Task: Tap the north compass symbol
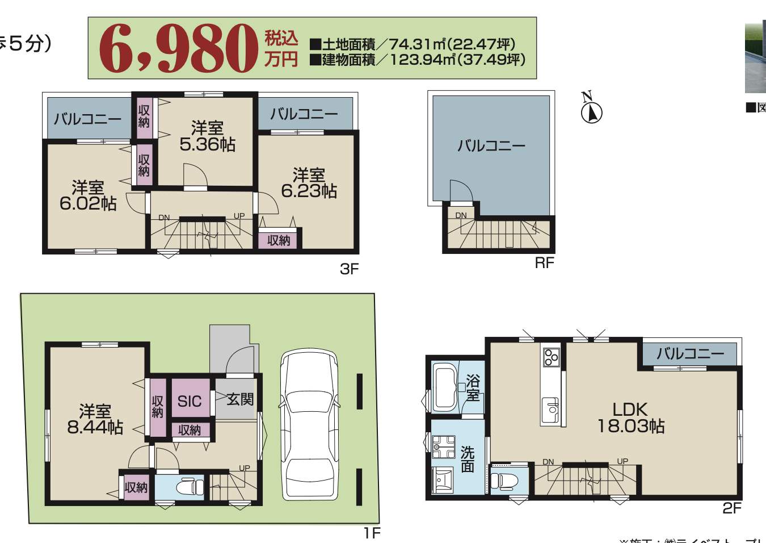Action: pyautogui.click(x=591, y=112)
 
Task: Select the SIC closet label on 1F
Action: pyautogui.click(x=190, y=402)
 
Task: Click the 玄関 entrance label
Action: pyautogui.click(x=239, y=399)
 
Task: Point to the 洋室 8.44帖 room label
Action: pyautogui.click(x=95, y=419)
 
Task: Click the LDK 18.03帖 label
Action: pyautogui.click(x=630, y=417)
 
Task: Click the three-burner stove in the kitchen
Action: pyautogui.click(x=551, y=357)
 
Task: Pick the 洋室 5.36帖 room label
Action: pyautogui.click(x=207, y=136)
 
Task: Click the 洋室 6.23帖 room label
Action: pyautogui.click(x=309, y=183)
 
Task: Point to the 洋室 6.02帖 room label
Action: pyautogui.click(x=88, y=195)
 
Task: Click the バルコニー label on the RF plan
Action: pyautogui.click(x=491, y=146)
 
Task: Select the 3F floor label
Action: pyautogui.click(x=349, y=269)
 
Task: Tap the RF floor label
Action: pyautogui.click(x=544, y=263)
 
